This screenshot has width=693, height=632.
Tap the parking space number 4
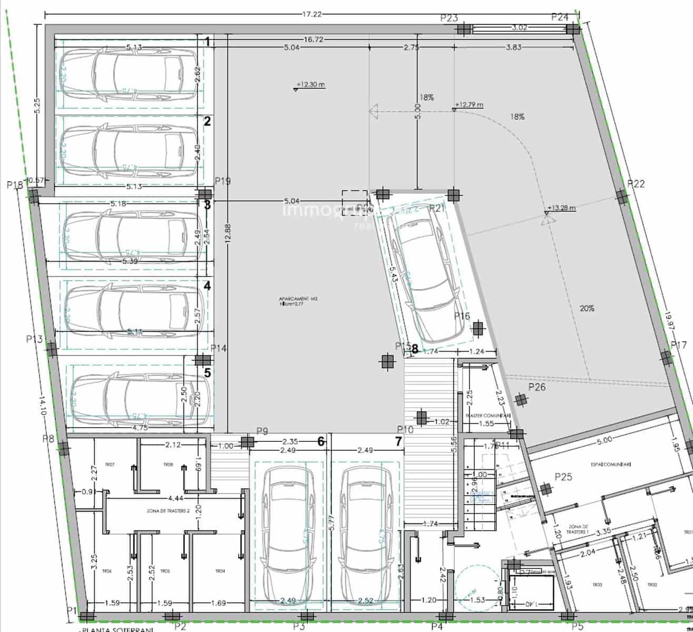(x=207, y=286)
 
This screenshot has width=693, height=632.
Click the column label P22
(x=636, y=184)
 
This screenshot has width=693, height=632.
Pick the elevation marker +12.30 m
(x=310, y=84)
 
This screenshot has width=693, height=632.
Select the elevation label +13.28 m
(x=561, y=208)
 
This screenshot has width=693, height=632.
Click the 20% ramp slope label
(x=587, y=309)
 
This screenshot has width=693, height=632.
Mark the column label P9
(x=262, y=431)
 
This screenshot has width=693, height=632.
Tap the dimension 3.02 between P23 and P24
(x=520, y=27)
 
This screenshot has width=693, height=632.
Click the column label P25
(x=563, y=477)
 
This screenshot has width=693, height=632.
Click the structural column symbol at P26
(x=521, y=400)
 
